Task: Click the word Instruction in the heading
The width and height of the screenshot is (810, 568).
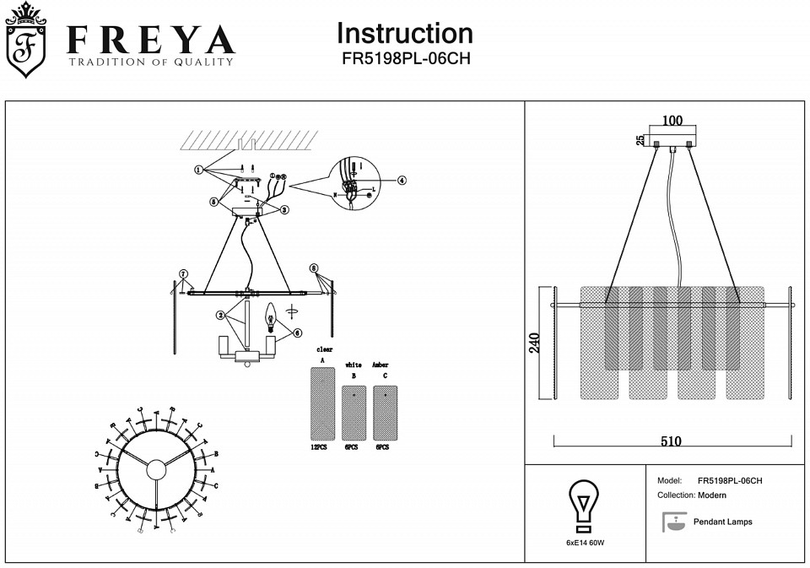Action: point(404,34)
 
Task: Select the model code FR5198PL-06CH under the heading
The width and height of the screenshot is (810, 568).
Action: point(404,60)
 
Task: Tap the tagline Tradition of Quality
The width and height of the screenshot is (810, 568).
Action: point(151,62)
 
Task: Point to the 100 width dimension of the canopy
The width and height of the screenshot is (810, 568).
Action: point(672,121)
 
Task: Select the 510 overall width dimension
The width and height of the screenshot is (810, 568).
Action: point(672,441)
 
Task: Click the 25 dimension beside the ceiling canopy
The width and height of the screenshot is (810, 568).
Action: point(640,139)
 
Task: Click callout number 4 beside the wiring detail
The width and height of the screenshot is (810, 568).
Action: point(402,180)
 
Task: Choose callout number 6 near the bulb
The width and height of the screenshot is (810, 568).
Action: point(298,333)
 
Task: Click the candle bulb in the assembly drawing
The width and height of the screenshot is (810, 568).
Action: point(272,316)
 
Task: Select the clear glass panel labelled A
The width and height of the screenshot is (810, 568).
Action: point(322,403)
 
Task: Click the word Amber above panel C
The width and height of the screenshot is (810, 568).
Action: point(380,365)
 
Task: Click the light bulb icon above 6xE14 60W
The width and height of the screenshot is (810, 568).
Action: point(584,505)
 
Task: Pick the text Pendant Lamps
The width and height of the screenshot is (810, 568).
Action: point(722,522)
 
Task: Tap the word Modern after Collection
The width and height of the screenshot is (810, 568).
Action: point(712,495)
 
